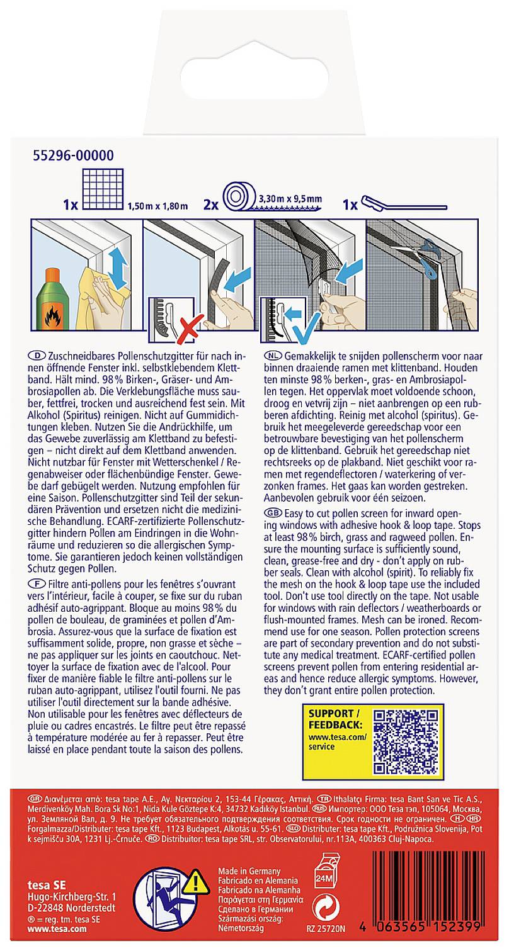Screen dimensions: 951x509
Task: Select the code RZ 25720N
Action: (x=326, y=943)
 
